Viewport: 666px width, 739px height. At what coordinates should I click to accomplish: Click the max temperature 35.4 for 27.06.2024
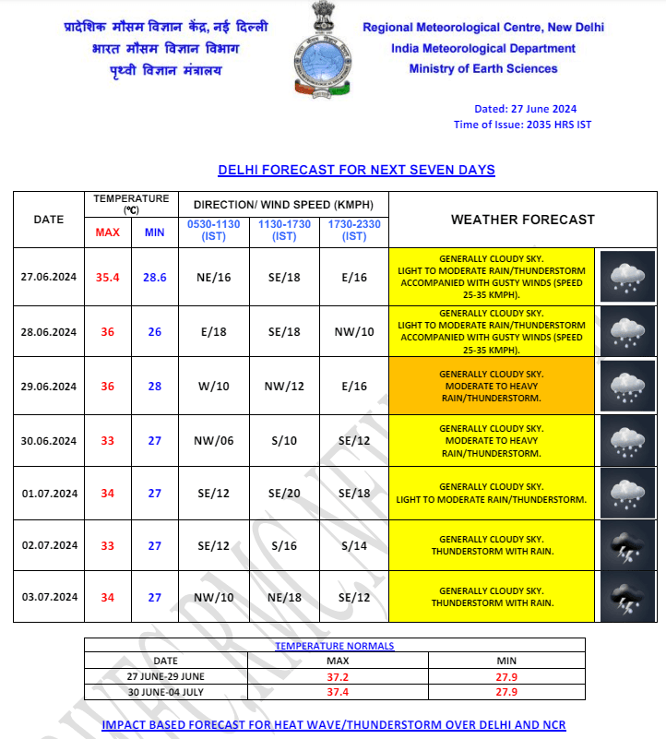click(x=108, y=277)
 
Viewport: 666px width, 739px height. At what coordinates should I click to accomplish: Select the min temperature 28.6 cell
click(x=154, y=277)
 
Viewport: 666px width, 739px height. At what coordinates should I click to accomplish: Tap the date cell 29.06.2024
click(x=49, y=387)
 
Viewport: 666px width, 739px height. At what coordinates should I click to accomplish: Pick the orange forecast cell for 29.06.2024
click(x=492, y=387)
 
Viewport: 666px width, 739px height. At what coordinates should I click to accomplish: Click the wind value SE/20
click(x=284, y=494)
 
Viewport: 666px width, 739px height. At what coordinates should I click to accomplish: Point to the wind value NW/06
click(x=214, y=441)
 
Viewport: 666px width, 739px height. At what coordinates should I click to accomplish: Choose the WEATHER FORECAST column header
click(x=522, y=220)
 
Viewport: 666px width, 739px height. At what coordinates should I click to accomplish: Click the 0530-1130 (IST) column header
click(x=214, y=231)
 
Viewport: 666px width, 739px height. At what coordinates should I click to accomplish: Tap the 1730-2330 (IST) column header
click(x=354, y=231)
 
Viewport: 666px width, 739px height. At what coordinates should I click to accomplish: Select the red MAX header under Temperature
click(x=108, y=232)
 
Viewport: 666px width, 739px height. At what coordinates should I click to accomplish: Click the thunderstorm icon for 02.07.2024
click(x=628, y=546)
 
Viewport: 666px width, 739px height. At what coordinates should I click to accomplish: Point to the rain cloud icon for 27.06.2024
click(x=628, y=276)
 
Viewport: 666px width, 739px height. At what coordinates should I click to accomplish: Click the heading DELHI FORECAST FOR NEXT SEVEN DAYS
click(x=356, y=170)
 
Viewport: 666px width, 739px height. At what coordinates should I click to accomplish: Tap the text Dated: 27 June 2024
click(x=525, y=109)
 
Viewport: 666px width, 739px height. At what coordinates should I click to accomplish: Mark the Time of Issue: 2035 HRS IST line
click(x=522, y=125)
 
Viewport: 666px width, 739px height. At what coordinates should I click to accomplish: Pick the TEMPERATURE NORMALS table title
click(x=334, y=646)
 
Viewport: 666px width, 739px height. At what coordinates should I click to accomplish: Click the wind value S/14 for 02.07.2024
click(x=354, y=546)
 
